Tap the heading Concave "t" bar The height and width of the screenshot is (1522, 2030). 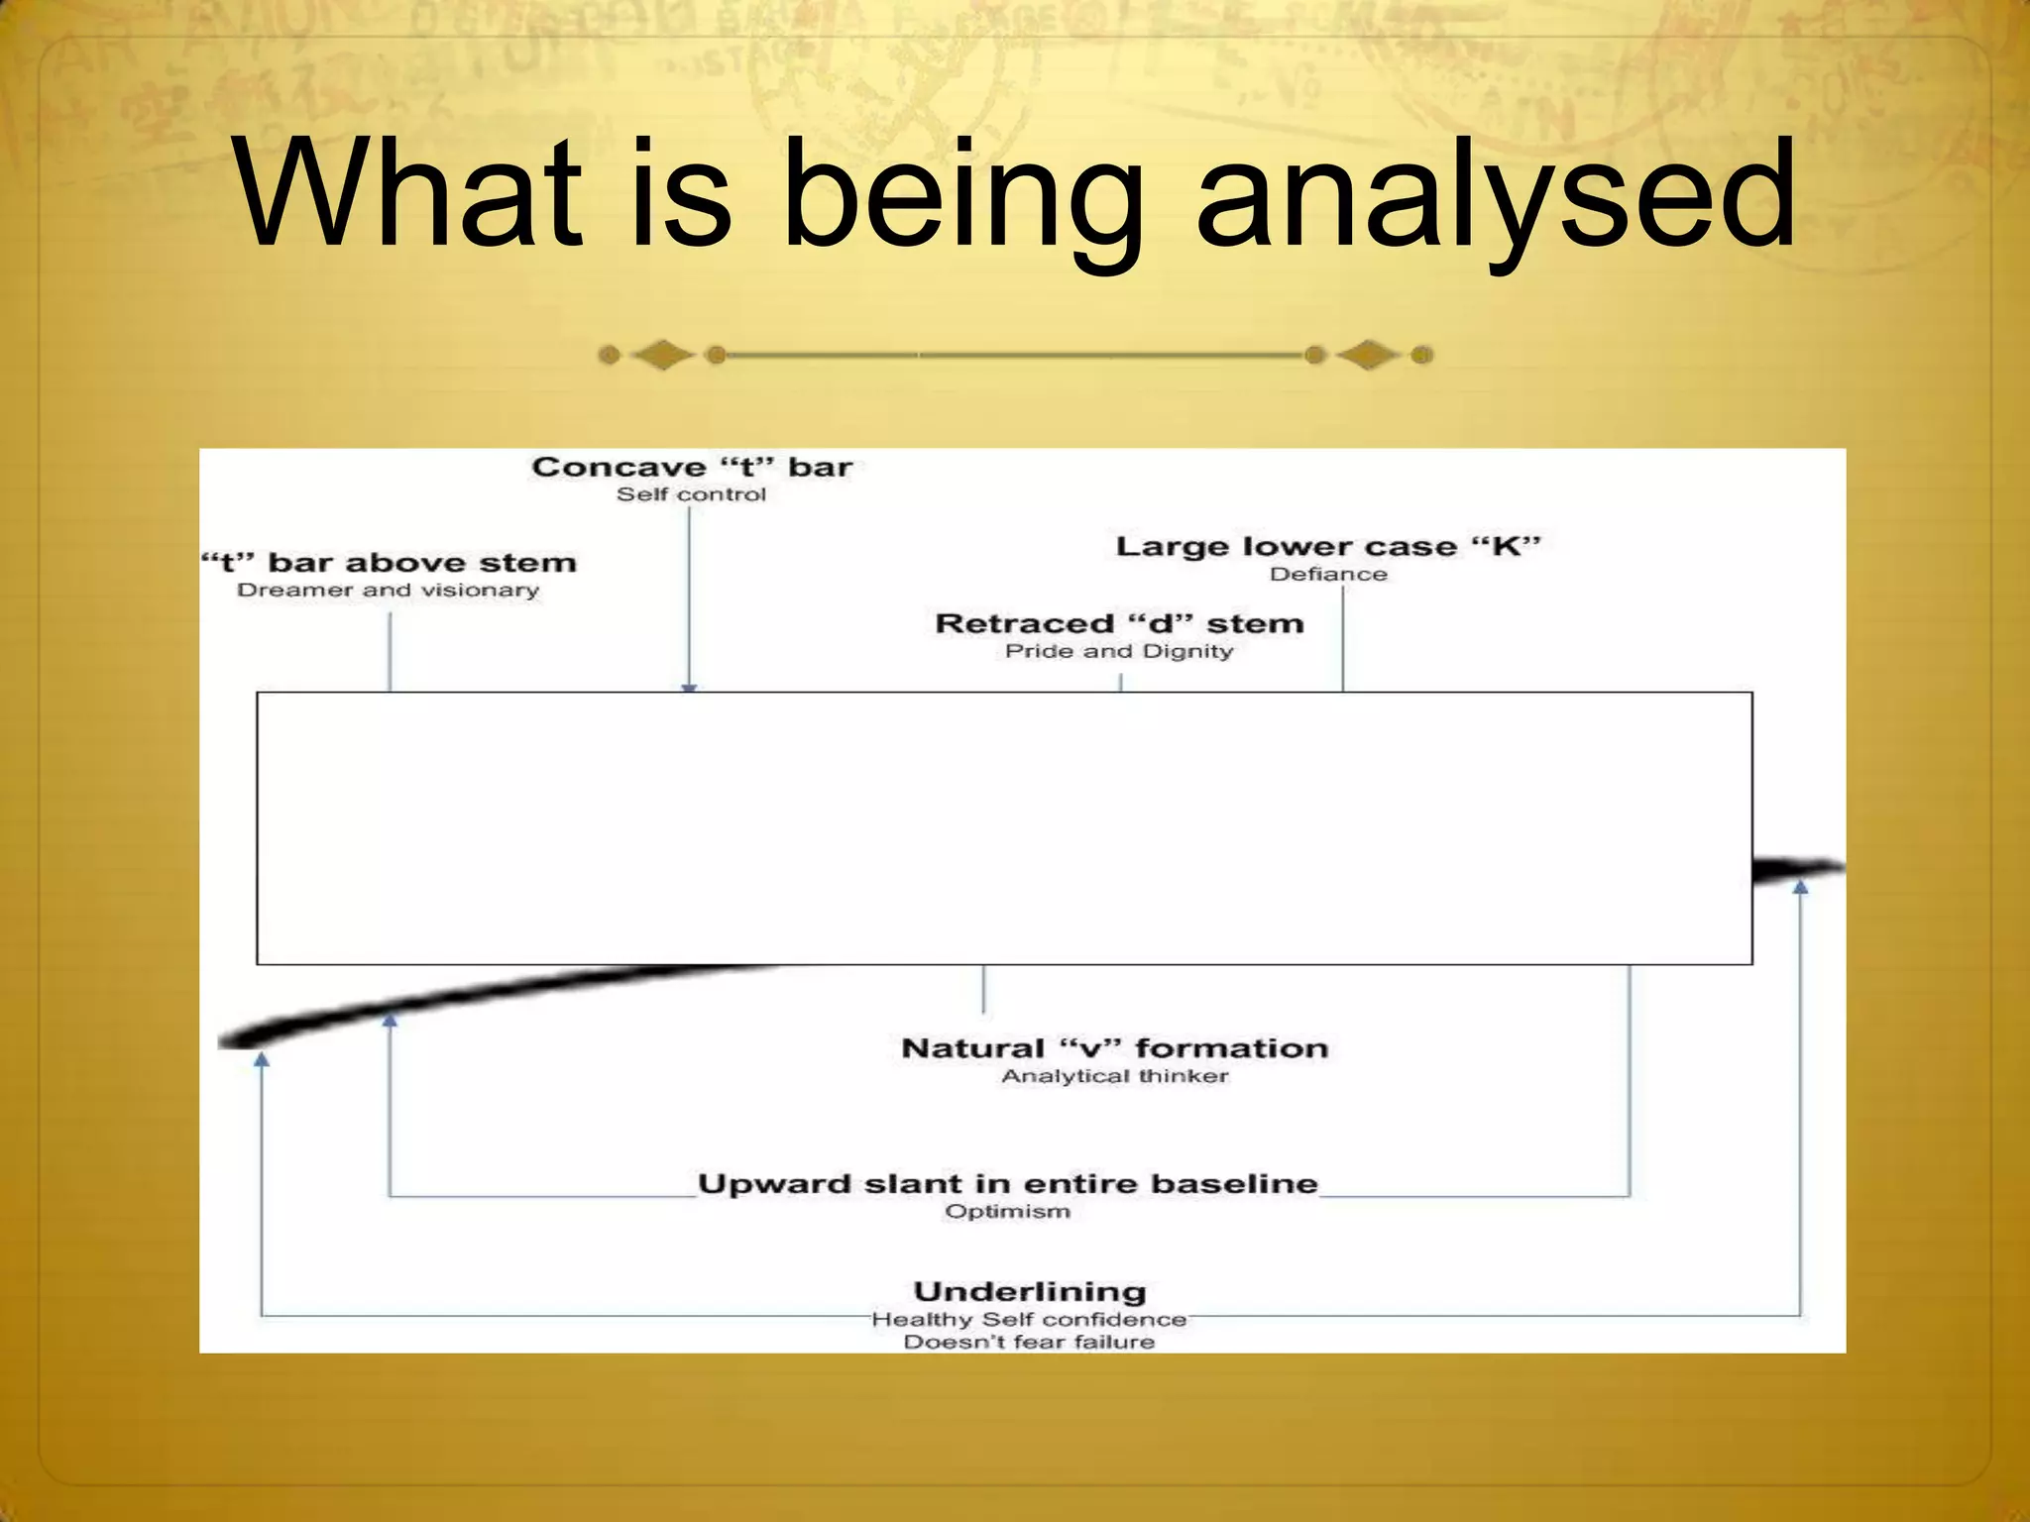point(692,467)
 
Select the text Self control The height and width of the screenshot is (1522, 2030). point(692,494)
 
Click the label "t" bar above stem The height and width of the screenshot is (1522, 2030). point(389,563)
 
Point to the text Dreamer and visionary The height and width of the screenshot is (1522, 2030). point(389,591)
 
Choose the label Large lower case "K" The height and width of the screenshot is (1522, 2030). point(1328,547)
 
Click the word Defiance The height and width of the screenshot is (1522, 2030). point(1328,575)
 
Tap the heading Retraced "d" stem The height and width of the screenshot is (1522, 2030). point(1119,623)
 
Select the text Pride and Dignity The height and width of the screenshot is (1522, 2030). point(1119,651)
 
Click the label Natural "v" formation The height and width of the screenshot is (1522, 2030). point(1115,1048)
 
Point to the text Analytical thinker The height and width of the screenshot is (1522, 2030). point(1115,1076)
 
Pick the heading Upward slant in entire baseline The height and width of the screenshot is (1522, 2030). point(1007,1184)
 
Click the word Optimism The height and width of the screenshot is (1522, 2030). point(1007,1211)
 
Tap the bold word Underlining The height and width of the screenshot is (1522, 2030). point(1030,1292)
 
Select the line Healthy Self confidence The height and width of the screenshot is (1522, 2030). point(1030,1320)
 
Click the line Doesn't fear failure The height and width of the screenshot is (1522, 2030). point(1030,1343)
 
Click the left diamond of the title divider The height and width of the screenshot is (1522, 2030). point(663,355)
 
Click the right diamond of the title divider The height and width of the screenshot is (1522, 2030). point(1369,355)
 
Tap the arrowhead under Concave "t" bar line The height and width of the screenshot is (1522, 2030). point(690,687)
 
